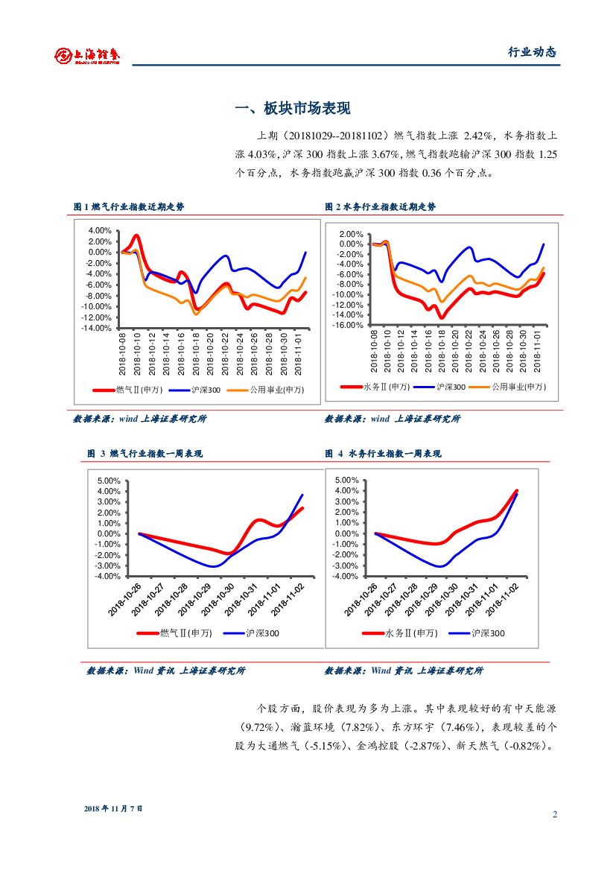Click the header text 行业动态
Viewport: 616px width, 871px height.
click(x=532, y=52)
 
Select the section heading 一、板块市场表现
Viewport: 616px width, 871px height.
click(x=292, y=109)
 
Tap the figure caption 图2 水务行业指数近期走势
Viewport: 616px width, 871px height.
click(x=380, y=207)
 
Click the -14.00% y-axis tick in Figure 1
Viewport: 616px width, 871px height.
click(x=98, y=328)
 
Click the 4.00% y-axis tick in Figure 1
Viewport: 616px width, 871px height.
click(x=101, y=230)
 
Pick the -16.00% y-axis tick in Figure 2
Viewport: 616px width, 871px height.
click(x=349, y=325)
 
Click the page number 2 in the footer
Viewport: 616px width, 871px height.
click(x=555, y=814)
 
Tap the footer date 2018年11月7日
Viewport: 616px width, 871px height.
click(x=112, y=808)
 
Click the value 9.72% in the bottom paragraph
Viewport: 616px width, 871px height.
click(x=261, y=726)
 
